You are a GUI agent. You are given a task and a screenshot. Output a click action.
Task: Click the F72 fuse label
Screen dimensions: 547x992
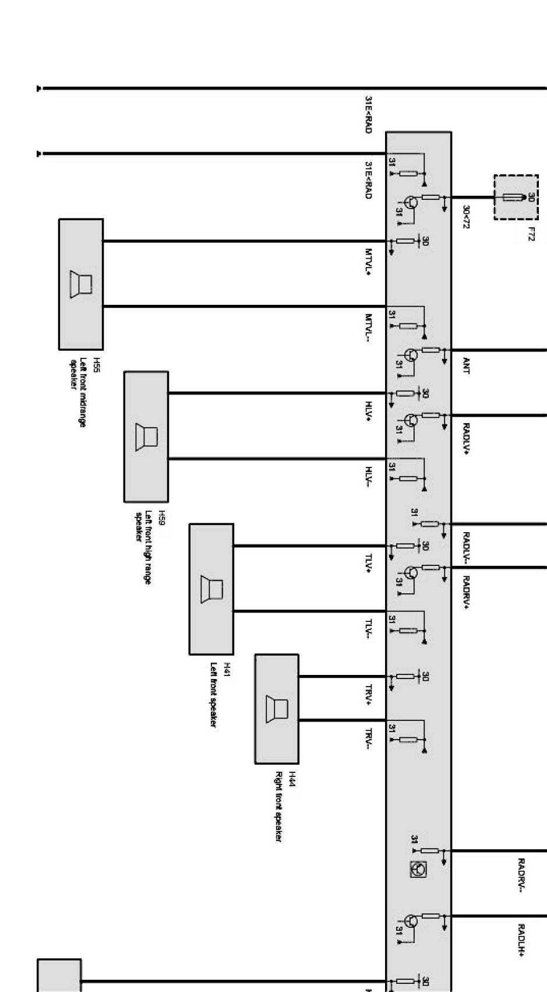531,234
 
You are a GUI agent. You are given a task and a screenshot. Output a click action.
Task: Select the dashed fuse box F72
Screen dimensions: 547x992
516,197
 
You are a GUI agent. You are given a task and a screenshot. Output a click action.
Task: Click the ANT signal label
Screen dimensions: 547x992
465,365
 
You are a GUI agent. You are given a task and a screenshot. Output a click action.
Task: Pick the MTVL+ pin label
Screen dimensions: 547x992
368,262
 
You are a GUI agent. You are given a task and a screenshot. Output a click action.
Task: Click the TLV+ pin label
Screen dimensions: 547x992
368,564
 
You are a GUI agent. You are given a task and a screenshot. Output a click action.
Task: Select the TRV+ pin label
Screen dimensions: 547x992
368,694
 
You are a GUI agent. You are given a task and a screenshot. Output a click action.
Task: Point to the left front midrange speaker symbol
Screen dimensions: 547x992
81,284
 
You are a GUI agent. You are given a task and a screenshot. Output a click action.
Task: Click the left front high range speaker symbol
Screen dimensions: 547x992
146,437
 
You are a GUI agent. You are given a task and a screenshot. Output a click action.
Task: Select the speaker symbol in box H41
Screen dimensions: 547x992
211,589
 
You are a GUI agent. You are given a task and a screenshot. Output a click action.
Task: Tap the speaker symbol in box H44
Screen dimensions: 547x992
277,709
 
